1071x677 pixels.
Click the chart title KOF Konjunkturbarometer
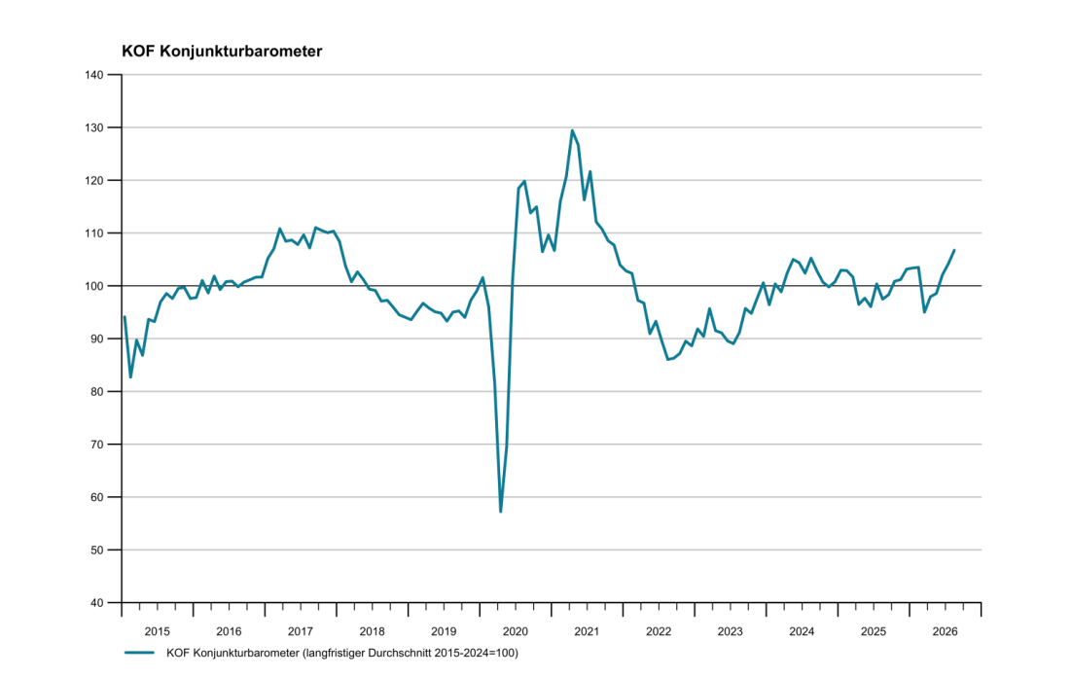tap(222, 52)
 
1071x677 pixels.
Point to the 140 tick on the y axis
tap(94, 75)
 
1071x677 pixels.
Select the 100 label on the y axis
tap(94, 286)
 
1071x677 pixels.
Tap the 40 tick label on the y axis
tap(97, 602)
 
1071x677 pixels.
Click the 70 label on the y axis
tap(97, 445)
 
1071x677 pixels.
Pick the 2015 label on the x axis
tap(157, 631)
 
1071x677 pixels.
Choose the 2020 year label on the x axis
tap(515, 631)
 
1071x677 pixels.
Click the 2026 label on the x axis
tap(945, 631)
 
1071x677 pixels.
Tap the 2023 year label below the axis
tap(730, 631)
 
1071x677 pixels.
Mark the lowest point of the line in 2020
tap(501, 511)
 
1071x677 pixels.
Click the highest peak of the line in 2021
tap(572, 130)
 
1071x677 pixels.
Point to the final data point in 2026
tap(954, 250)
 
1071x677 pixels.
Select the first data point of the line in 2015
tap(125, 317)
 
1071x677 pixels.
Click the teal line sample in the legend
tap(139, 653)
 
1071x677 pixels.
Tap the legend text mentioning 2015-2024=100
tap(342, 653)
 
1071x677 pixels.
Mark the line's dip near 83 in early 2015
tap(130, 377)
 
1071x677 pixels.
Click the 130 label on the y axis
tap(94, 127)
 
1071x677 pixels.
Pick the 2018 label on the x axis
tap(372, 631)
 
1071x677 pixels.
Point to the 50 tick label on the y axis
tap(97, 550)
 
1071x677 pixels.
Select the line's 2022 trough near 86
tap(668, 359)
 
